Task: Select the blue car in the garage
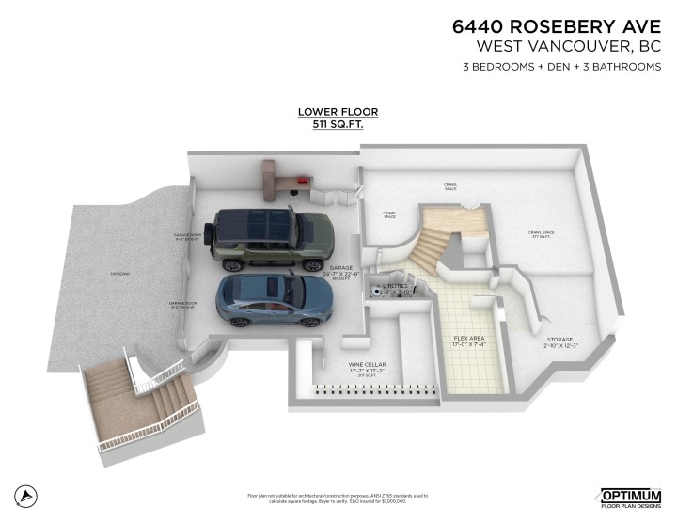click(x=274, y=300)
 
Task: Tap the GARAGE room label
click(x=341, y=267)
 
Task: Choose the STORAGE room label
click(x=559, y=340)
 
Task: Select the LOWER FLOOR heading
click(x=338, y=112)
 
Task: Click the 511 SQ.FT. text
click(x=338, y=123)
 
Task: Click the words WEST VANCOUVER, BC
click(x=569, y=46)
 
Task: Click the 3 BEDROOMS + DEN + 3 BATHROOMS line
click(x=561, y=67)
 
